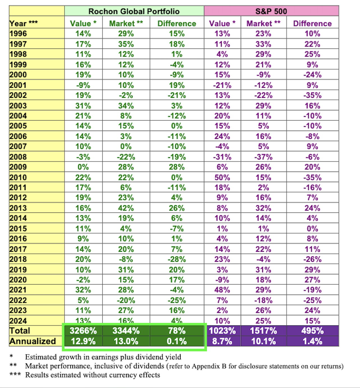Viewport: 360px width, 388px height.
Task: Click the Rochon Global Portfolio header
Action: [x=134, y=11]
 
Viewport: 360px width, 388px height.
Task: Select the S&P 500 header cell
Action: [x=271, y=11]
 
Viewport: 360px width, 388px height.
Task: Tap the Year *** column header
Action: [x=24, y=23]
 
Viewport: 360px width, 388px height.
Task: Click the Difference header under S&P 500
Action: [x=312, y=24]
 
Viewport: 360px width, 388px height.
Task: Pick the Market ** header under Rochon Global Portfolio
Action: [x=126, y=24]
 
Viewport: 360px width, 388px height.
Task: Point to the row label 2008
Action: [x=18, y=157]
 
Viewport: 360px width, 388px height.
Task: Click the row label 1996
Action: [x=18, y=34]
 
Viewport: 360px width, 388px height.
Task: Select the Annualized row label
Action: [x=33, y=341]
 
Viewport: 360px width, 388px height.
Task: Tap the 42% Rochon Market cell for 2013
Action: [x=126, y=208]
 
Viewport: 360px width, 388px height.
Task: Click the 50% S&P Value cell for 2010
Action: [x=222, y=177]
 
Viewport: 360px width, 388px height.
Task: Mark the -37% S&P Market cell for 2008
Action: [x=263, y=157]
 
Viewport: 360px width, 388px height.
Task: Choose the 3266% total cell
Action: [x=83, y=331]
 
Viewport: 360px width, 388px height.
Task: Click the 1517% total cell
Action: [x=263, y=331]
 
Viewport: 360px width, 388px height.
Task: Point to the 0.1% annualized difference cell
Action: [x=177, y=341]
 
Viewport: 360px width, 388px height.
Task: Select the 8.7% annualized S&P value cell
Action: [x=222, y=341]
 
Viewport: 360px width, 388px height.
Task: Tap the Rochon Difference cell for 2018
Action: [x=177, y=259]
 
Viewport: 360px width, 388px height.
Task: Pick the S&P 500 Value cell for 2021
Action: [x=222, y=290]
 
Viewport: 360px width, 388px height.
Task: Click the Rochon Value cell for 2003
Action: [x=83, y=106]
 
